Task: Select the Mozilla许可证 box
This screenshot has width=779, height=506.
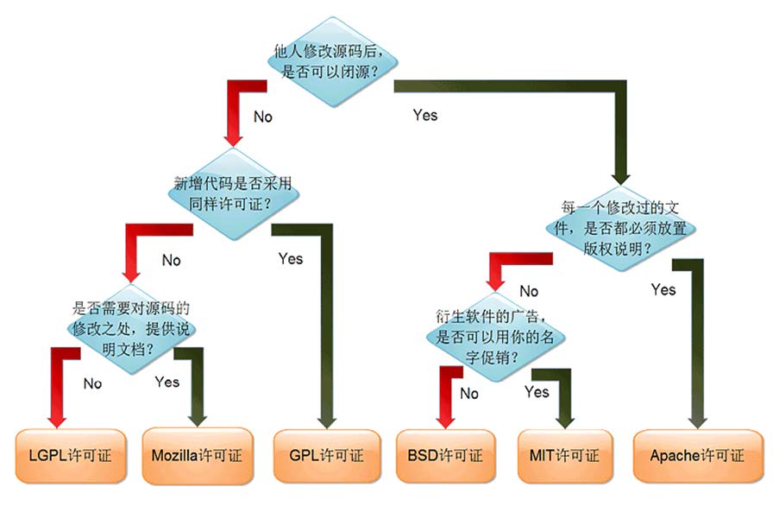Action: point(198,454)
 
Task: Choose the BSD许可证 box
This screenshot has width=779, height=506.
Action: point(444,454)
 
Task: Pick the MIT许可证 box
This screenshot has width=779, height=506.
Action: point(564,454)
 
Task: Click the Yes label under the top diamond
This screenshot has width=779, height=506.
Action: point(424,115)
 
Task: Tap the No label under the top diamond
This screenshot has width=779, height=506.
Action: point(262,116)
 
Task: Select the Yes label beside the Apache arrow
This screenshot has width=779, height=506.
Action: point(663,289)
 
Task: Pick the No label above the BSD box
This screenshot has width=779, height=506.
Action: point(468,394)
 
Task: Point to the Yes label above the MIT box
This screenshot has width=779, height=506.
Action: point(536,392)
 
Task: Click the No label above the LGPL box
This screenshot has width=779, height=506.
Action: point(92,383)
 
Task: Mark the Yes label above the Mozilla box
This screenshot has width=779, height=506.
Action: point(166,381)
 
